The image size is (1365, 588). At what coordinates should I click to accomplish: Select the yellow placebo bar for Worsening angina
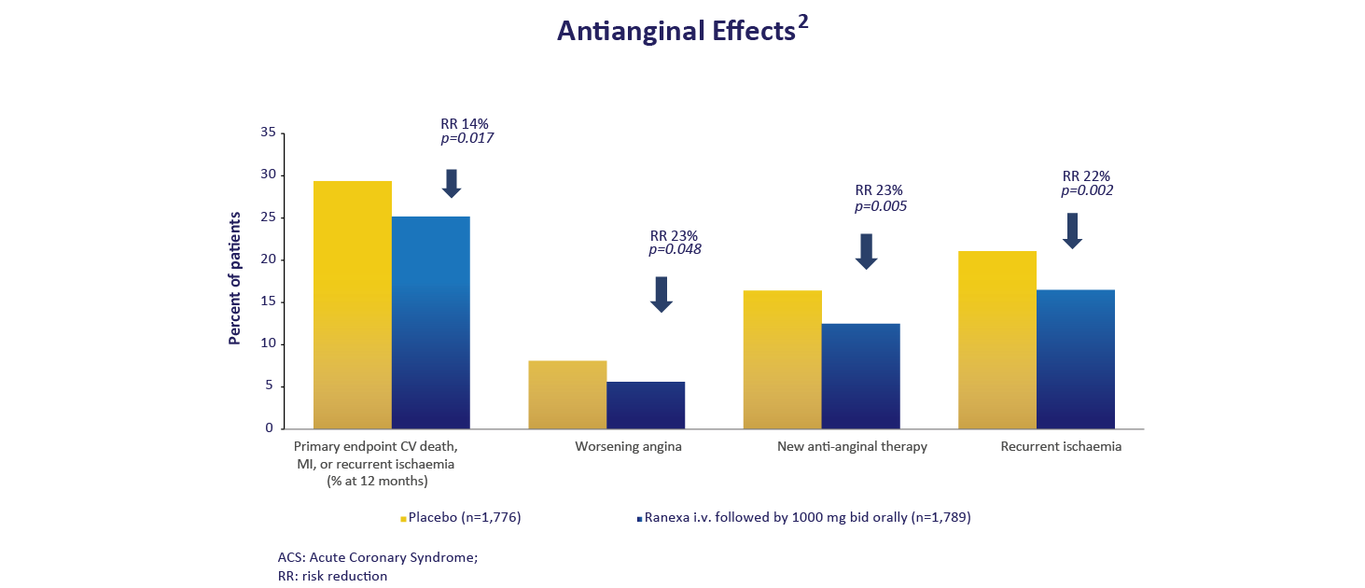(x=567, y=394)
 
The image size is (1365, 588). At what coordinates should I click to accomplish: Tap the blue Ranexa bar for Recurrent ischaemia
(x=1076, y=358)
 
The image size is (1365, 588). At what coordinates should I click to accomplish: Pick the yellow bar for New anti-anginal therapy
(x=782, y=359)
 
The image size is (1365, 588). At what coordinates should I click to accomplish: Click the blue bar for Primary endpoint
(x=431, y=322)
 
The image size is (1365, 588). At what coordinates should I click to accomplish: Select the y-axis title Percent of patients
(x=235, y=278)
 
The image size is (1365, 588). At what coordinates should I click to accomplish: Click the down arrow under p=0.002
(x=1072, y=231)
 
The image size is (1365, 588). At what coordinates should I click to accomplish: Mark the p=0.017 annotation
(x=467, y=138)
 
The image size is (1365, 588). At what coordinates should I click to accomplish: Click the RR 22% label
(x=1086, y=175)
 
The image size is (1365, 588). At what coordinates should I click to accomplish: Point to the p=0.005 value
(x=881, y=206)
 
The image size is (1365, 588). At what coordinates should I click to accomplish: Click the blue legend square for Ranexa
(x=639, y=519)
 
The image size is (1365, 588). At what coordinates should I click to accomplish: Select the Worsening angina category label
(x=628, y=446)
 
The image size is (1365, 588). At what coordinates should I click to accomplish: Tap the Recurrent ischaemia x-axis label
(x=1061, y=446)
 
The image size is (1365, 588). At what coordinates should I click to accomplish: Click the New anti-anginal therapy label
(x=852, y=446)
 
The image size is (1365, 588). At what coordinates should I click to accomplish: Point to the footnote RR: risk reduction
(x=332, y=576)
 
